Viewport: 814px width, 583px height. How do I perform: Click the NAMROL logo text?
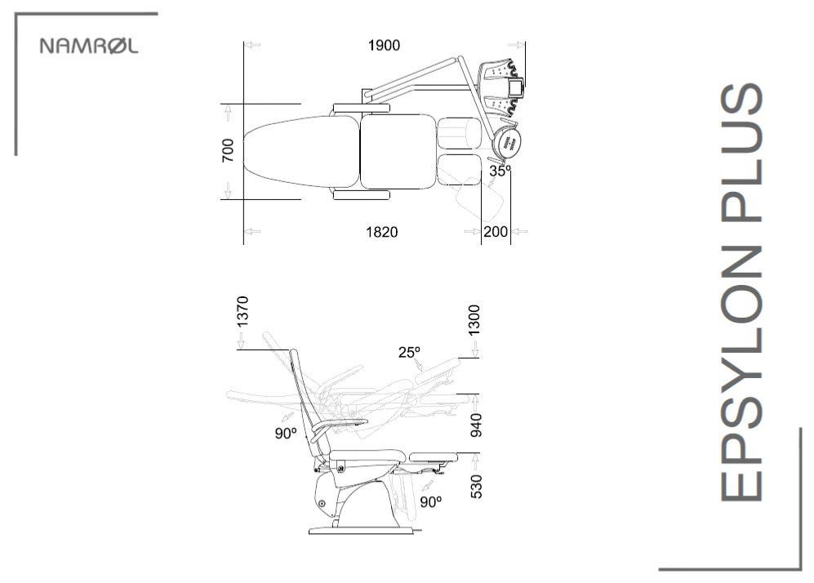coord(89,46)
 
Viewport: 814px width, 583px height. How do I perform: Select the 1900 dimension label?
coord(385,46)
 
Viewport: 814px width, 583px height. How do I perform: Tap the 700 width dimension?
coord(228,150)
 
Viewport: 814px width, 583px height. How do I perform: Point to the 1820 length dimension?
coord(382,232)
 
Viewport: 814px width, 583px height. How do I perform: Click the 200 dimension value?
coord(496,232)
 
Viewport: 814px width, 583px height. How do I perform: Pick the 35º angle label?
coord(500,171)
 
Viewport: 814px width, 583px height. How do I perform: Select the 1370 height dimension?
coord(242,311)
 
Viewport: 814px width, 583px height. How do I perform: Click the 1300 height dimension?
coord(474,320)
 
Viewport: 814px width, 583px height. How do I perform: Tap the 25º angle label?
coord(409,353)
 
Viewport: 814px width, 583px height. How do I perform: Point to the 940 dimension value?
coord(475,425)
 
